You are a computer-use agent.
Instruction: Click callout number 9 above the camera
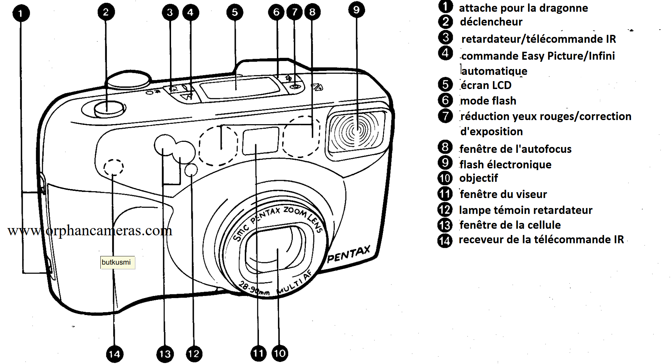(356, 10)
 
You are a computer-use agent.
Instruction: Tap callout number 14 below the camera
(114, 354)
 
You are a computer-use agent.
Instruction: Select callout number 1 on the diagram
(21, 13)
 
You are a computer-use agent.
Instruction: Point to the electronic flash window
(357, 130)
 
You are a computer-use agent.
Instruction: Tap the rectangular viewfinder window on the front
(260, 140)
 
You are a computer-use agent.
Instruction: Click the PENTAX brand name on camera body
(348, 255)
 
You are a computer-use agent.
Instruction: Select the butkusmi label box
(117, 262)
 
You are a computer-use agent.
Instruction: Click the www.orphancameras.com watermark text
(90, 230)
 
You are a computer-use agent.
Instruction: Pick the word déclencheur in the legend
(491, 22)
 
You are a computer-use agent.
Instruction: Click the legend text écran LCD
(486, 85)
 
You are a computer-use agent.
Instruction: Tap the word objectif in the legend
(479, 178)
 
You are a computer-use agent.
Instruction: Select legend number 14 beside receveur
(445, 240)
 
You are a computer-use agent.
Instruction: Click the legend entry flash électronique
(505, 165)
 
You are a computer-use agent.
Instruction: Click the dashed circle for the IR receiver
(113, 167)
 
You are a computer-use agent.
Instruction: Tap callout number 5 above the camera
(234, 12)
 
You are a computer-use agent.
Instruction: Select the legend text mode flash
(488, 101)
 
